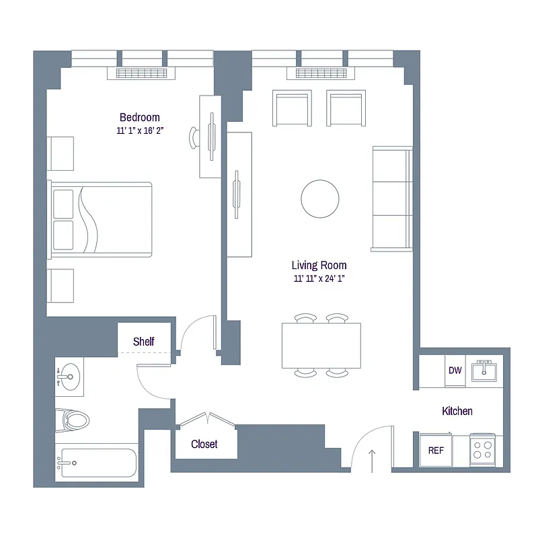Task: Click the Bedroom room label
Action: point(140,117)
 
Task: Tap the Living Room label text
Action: point(319,265)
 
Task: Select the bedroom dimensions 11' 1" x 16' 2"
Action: point(140,130)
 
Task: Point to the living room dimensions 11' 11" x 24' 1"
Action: point(319,278)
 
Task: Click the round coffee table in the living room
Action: point(320,198)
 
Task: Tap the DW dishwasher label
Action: point(455,371)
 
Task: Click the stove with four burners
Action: point(482,449)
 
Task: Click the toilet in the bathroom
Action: point(73,421)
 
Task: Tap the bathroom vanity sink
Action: point(69,377)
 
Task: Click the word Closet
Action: point(204,445)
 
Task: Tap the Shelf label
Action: point(143,342)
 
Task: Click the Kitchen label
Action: point(457,411)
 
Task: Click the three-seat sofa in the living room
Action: point(392,198)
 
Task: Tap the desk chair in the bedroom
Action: point(195,137)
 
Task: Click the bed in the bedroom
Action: point(101,219)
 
